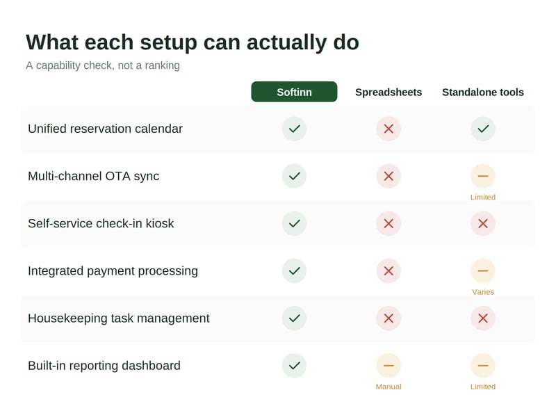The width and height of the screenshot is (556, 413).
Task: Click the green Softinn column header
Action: pos(294,92)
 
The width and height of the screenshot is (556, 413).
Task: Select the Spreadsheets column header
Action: pos(389,92)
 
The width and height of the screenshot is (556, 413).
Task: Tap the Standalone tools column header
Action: pos(483,92)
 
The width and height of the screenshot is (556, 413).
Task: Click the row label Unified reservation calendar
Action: pos(106,129)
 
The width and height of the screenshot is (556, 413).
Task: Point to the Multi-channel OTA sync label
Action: pos(94,176)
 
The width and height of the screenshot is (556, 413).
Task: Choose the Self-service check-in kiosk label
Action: pos(101,223)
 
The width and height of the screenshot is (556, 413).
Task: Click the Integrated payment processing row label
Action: pos(113,271)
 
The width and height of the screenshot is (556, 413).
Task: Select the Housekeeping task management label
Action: pos(119,318)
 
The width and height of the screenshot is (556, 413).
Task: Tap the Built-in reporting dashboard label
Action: pos(104,366)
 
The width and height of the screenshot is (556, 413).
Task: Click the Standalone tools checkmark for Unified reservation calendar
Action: pos(483,129)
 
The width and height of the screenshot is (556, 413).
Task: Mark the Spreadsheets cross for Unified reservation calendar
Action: pos(389,129)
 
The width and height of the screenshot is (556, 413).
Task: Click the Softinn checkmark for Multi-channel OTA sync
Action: pos(294,176)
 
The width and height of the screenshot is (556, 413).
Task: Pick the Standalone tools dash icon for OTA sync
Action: pos(483,176)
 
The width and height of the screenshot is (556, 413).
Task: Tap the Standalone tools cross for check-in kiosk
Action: pos(483,223)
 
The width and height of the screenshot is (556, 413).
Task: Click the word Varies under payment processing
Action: pos(483,292)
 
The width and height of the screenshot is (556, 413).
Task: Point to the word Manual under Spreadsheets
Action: pos(389,387)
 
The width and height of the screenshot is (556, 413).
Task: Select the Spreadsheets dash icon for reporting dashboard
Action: pos(389,366)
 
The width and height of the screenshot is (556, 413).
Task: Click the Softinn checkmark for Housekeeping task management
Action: pos(294,318)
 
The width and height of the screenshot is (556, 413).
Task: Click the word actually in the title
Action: pos(287,43)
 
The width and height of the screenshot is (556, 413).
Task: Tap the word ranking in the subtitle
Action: pos(162,65)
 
